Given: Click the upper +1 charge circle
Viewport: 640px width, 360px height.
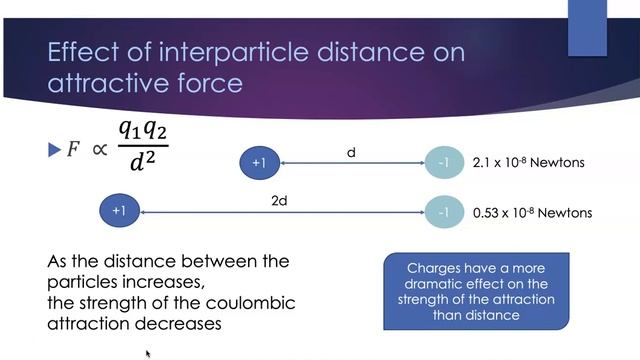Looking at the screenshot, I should click(x=260, y=163).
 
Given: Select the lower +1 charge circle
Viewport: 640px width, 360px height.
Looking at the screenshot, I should click(x=119, y=211).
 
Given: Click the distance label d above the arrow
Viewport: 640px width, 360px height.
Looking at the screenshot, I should click(x=351, y=153).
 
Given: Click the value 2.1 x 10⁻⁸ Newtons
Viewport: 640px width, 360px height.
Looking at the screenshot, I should click(x=527, y=163).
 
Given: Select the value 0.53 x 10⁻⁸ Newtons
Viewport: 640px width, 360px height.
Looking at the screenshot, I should click(x=532, y=212).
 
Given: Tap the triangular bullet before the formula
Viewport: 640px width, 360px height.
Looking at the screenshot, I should click(x=55, y=150).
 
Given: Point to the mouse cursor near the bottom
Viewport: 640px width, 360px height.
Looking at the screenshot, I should click(x=148, y=353).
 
